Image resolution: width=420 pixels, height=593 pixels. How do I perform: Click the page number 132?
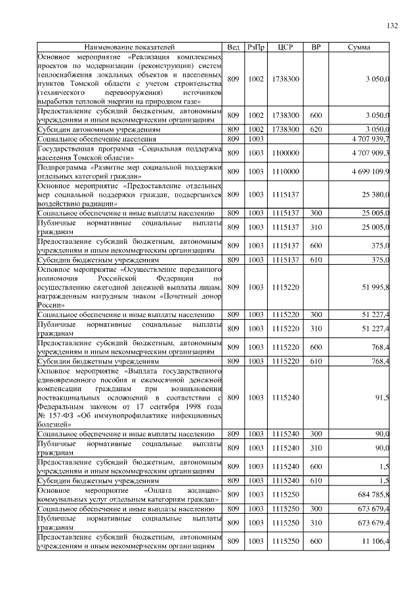392,26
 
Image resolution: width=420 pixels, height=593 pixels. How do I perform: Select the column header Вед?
233,48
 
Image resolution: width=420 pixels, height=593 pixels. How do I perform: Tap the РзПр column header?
256,48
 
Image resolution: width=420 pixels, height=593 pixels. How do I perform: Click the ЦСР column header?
285,48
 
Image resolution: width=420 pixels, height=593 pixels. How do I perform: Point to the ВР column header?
316,48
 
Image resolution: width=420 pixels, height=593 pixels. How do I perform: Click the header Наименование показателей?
129,48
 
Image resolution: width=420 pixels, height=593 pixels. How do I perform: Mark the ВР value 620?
316,130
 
